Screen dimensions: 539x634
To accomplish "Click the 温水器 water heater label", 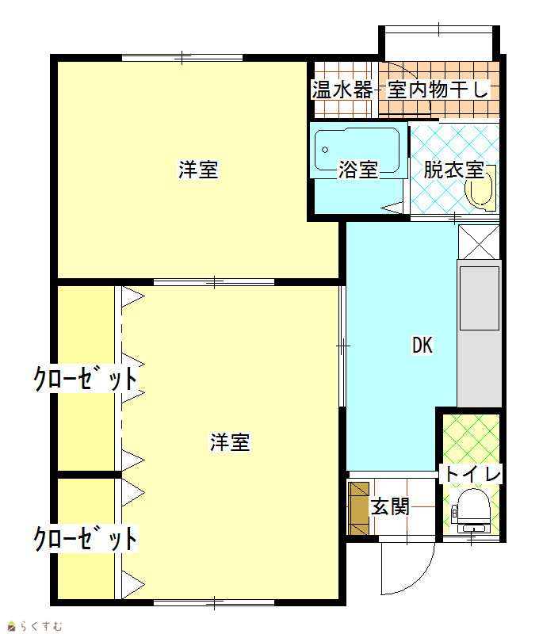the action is (342, 90).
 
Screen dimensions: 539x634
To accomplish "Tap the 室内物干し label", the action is (438, 90).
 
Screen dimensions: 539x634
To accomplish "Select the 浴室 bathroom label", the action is (358, 170).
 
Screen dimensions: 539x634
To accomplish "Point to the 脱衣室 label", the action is (453, 170).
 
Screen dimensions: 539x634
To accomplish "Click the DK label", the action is (422, 346).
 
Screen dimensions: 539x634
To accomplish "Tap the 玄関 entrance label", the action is (390, 506).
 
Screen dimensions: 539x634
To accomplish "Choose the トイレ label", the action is (472, 473).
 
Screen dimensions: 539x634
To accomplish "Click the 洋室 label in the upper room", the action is (198, 170).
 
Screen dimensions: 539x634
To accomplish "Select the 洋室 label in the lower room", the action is (230, 442).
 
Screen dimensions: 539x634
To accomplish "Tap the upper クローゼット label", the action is (86, 379).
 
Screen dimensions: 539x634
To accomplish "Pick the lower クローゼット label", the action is (86, 538).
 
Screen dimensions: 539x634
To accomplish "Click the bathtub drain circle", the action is (325, 150).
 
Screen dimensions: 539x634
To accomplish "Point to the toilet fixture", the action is (472, 511).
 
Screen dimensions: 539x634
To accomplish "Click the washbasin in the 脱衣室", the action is (480, 189).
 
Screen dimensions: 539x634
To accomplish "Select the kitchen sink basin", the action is (480, 299).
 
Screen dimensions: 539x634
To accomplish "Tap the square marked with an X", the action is (479, 242).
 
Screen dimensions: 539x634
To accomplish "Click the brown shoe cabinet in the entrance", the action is (359, 508).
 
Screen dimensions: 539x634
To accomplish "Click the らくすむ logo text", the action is (41, 626).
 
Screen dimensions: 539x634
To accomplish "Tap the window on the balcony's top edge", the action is (438, 29).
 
